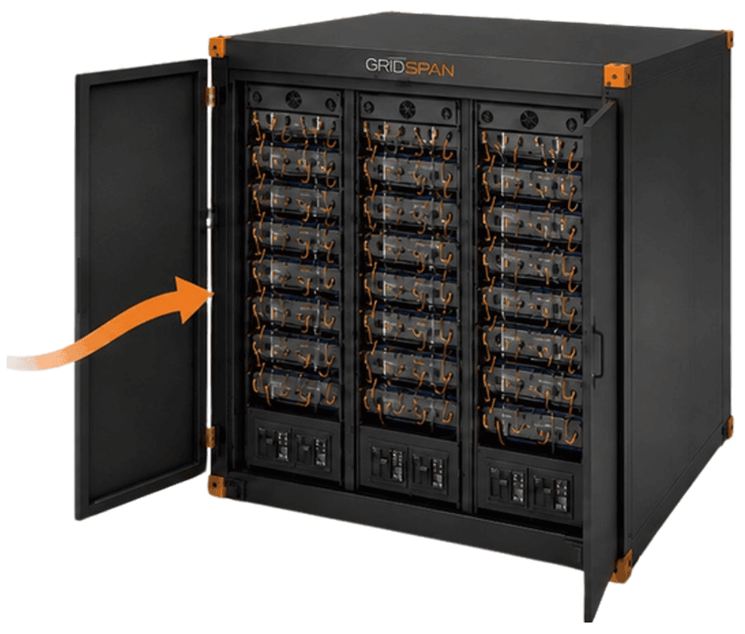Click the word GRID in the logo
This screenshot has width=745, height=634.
pyautogui.click(x=384, y=65)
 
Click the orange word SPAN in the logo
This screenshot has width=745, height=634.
pyautogui.click(x=430, y=69)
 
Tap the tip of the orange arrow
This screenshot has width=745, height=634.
pyautogui.click(x=215, y=293)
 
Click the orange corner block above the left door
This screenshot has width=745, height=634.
pyautogui.click(x=219, y=47)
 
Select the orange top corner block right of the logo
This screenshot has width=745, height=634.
pyautogui.click(x=617, y=75)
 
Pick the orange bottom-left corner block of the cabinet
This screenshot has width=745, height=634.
pyautogui.click(x=218, y=486)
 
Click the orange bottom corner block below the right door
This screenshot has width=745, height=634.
pyautogui.click(x=621, y=566)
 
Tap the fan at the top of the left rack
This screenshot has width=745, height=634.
pyautogui.click(x=294, y=99)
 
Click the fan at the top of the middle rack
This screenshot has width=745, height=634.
pyautogui.click(x=407, y=109)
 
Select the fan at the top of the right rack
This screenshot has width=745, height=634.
pyautogui.click(x=529, y=119)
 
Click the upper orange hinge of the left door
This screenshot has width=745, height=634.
pyautogui.click(x=210, y=97)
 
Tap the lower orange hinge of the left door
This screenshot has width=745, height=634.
pyautogui.click(x=210, y=437)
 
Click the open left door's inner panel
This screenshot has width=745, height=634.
pyautogui.click(x=141, y=288)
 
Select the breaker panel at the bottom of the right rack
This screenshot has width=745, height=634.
pyautogui.click(x=530, y=486)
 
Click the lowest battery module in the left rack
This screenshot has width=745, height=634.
pyautogui.click(x=295, y=387)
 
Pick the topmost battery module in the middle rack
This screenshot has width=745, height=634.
pyautogui.click(x=410, y=135)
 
